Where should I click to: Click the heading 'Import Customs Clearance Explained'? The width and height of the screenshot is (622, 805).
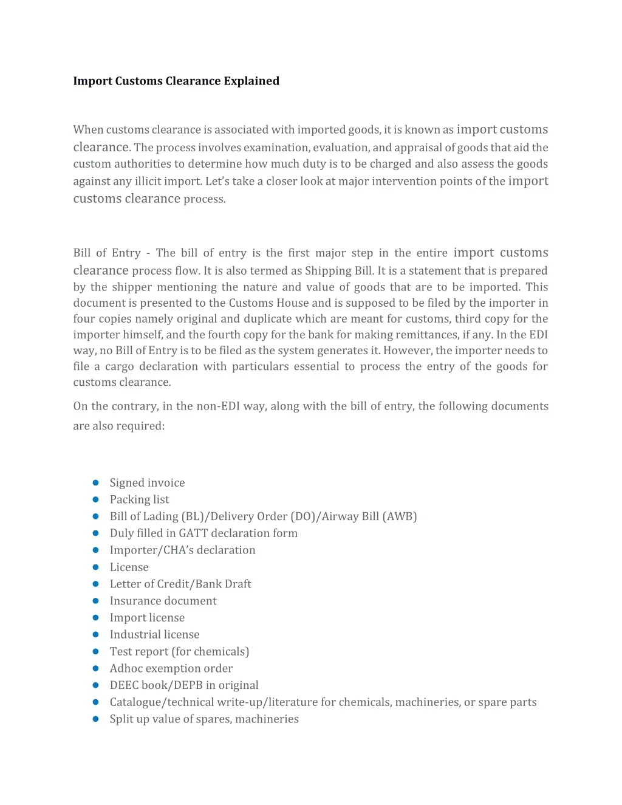176,81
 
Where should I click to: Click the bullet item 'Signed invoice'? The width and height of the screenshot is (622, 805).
147,482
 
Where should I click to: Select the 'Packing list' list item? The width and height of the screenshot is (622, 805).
139,499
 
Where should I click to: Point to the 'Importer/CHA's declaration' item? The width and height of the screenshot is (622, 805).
182,550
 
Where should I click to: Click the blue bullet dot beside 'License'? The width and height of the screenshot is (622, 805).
95,567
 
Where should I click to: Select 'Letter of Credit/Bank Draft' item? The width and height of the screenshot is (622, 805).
180,584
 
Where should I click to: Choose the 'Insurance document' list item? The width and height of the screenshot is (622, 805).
163,601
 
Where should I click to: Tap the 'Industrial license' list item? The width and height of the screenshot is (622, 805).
154,634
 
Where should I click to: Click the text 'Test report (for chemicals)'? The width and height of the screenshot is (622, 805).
179,651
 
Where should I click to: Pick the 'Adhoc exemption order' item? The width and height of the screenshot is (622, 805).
171,668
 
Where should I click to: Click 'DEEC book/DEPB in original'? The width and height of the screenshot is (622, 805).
183,685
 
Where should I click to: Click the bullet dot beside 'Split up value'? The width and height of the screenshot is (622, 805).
95,719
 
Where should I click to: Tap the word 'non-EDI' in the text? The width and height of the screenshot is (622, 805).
218,406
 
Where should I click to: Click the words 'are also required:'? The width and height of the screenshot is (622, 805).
118,426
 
